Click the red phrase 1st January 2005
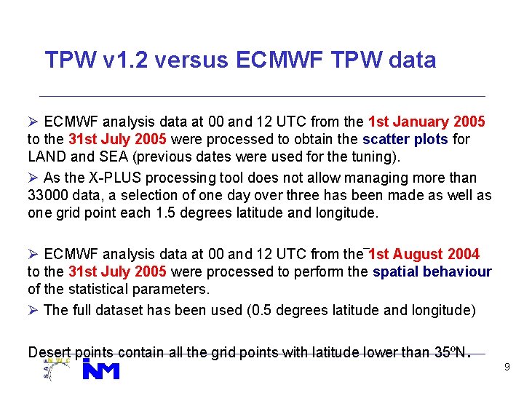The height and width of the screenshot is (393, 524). [x=427, y=120]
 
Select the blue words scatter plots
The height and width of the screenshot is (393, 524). [x=416, y=138]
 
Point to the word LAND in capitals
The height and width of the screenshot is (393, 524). [x=46, y=156]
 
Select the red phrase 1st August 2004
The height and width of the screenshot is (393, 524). [x=424, y=254]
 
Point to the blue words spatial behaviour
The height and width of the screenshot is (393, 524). [x=432, y=271]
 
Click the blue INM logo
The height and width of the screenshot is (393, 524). [x=100, y=370]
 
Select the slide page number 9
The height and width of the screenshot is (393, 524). [x=507, y=368]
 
